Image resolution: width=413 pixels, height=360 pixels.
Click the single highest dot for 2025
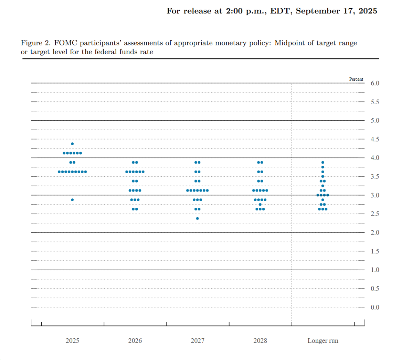pos(72,144)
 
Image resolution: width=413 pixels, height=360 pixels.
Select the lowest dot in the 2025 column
pos(72,200)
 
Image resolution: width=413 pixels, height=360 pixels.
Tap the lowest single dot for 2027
pos(197,218)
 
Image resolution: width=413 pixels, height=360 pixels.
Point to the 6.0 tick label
pos(375,83)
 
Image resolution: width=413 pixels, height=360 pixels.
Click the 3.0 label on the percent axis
pos(375,195)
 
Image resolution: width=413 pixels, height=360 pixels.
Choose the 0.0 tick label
pos(375,307)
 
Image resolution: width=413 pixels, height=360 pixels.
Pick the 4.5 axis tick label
pos(375,139)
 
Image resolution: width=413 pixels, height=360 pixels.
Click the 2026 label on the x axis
pos(135,341)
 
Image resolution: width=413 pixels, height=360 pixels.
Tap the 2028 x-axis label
pos(260,341)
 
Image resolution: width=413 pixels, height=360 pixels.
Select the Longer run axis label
pos(323,341)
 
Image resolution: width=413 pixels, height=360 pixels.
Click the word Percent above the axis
pos(356,79)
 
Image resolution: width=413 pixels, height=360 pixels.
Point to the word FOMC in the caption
pos(65,43)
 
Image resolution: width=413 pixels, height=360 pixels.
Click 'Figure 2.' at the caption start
pos(36,43)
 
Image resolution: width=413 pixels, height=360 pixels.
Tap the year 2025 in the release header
pos(368,11)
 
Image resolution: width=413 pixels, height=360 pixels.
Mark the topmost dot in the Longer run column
pos(322,162)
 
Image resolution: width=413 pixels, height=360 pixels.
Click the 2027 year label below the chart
pos(198,341)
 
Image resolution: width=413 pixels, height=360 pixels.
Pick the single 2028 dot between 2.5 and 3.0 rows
pos(260,205)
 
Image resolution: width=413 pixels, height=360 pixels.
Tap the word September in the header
pos(318,11)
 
